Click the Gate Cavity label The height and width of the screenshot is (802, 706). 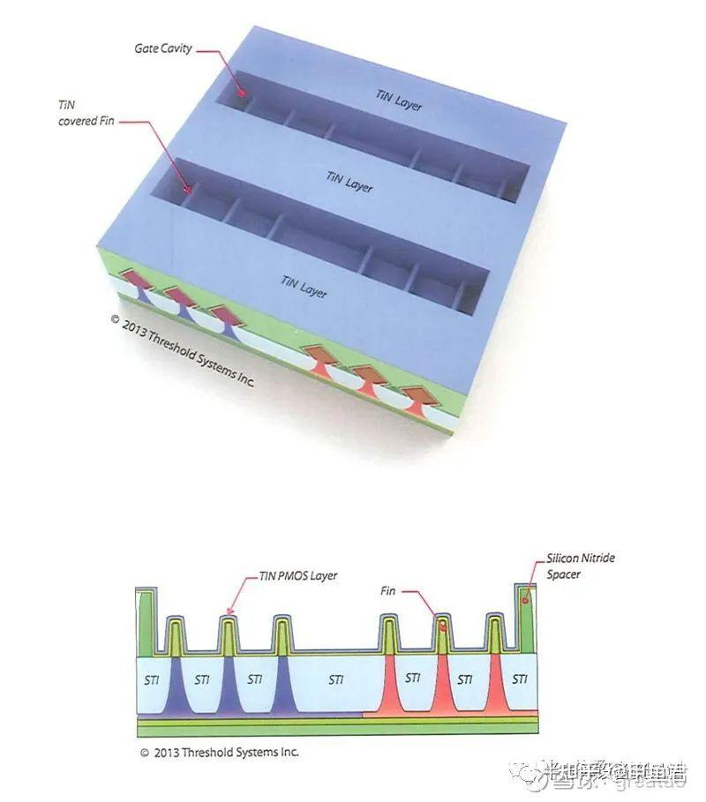162,49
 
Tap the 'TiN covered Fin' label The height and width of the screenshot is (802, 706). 79,112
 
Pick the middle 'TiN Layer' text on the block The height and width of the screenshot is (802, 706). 349,182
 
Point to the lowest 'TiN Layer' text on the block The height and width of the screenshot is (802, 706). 303,285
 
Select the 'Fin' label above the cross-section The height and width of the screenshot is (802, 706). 388,590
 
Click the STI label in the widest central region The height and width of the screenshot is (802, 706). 336,679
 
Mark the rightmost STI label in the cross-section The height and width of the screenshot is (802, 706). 520,679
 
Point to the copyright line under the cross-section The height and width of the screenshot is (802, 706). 219,753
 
